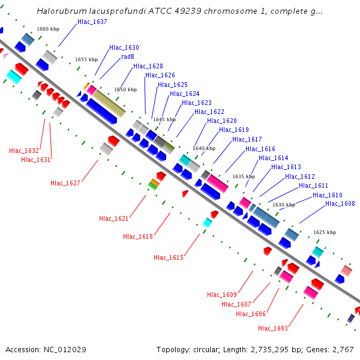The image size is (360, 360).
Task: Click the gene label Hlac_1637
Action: point(92,22)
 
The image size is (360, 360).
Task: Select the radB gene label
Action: point(127,56)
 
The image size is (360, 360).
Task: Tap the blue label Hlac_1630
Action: point(124,47)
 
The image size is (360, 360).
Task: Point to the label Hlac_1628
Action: point(148,66)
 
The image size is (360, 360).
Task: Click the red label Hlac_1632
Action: point(24,151)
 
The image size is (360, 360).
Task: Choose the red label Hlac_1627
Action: point(65,183)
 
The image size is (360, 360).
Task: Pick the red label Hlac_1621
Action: point(114,218)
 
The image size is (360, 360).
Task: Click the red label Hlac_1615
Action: point(169,257)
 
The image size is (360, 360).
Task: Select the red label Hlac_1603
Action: point(273,328)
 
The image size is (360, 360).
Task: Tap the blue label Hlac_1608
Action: point(340,203)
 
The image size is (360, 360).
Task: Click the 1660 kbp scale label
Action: point(48,29)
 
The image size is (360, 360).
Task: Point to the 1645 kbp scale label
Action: point(164,119)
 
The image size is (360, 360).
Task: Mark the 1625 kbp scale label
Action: point(325,232)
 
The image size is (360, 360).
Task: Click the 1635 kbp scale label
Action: point(244,176)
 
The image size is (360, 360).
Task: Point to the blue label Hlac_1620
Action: point(221,121)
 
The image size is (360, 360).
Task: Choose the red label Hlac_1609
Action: point(222,295)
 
